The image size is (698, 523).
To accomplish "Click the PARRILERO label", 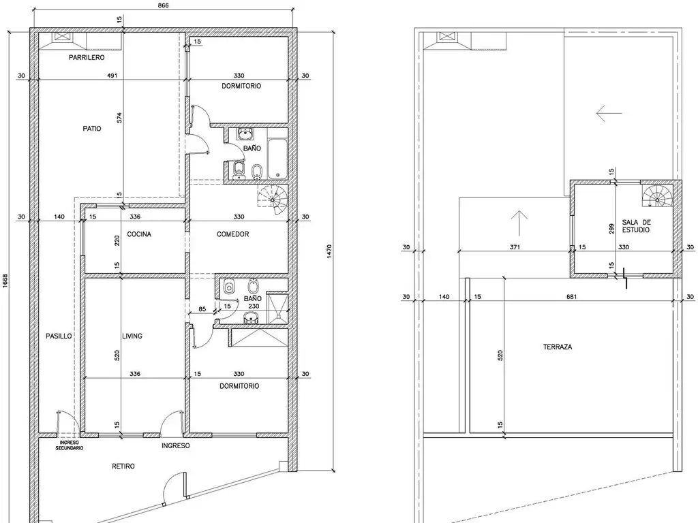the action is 87,57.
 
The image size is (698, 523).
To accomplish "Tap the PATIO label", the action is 92,129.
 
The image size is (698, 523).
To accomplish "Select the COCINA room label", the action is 139,234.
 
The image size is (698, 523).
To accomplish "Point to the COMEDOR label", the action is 233,234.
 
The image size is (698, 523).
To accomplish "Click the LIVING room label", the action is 132,336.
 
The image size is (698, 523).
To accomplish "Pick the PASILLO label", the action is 59,336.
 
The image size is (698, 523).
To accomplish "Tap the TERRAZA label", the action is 558,347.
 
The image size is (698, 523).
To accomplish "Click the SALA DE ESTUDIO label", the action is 636,226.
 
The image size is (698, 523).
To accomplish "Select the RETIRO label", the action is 123,466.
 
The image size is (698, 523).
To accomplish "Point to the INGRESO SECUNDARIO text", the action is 69,445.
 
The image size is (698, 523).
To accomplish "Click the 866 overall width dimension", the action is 164,5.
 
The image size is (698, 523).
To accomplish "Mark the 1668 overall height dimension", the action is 5,281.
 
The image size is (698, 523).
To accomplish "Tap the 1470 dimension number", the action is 329,252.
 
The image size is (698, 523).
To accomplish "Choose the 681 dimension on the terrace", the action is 572,297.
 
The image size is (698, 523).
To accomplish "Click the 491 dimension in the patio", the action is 112,76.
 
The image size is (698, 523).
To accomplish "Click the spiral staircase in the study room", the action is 656,196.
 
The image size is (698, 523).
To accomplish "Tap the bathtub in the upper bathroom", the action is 277,158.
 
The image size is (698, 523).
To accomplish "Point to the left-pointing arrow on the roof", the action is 609,113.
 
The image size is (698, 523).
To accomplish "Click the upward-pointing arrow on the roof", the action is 519,223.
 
